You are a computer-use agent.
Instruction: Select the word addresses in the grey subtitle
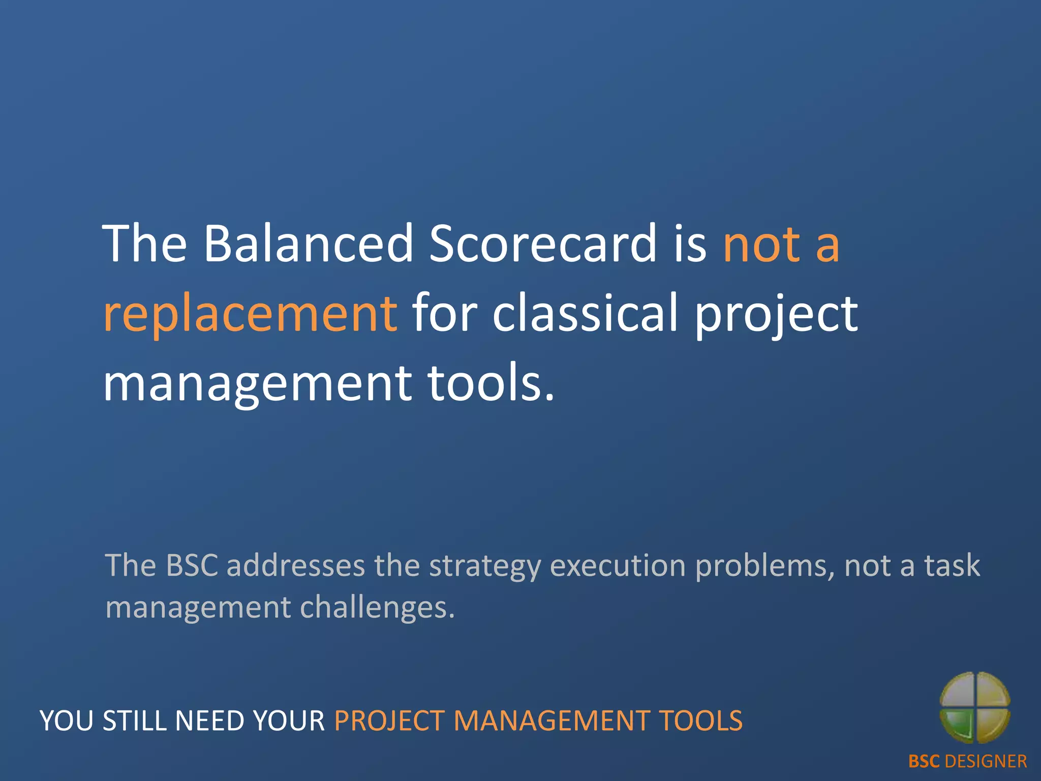point(296,565)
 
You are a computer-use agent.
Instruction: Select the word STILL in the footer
point(135,721)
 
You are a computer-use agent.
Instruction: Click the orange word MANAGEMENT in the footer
point(551,721)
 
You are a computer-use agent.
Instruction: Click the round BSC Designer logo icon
point(974,707)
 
